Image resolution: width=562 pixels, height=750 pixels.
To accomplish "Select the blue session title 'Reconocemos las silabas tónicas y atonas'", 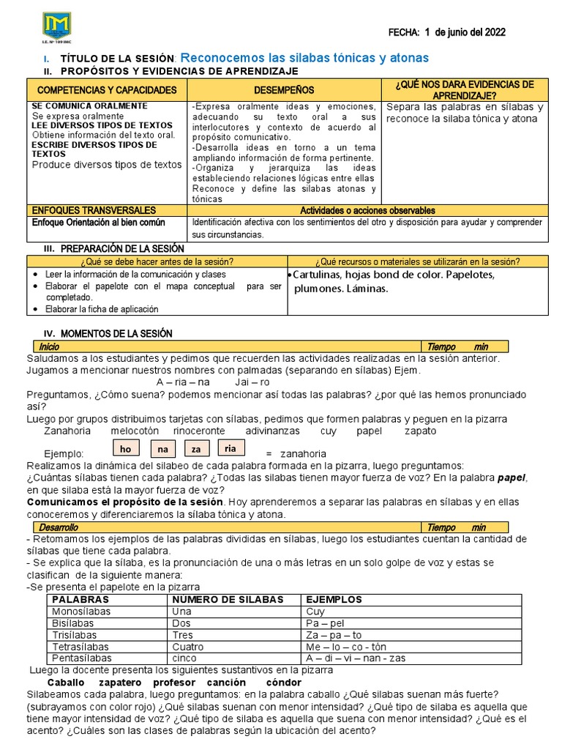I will [x=304, y=58].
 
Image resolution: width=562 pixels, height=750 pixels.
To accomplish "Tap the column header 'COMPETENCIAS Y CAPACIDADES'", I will [x=107, y=89].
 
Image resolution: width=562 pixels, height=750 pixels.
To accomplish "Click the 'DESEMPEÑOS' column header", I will [x=285, y=89].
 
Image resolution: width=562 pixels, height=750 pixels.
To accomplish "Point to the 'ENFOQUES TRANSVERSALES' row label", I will [x=93, y=210].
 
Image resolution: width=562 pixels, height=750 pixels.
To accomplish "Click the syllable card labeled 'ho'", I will [x=127, y=448].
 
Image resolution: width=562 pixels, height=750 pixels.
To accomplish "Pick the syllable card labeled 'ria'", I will [x=231, y=448].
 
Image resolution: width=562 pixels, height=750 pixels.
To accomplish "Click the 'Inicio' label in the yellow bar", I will [x=50, y=346].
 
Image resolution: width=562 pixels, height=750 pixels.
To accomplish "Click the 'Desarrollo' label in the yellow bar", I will [x=59, y=527].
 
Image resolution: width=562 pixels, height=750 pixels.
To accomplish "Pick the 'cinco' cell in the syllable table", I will [x=184, y=658].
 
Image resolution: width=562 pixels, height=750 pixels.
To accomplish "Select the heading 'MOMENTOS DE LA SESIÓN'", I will [x=116, y=333].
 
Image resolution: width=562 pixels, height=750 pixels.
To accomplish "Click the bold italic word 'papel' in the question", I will [x=512, y=478].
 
